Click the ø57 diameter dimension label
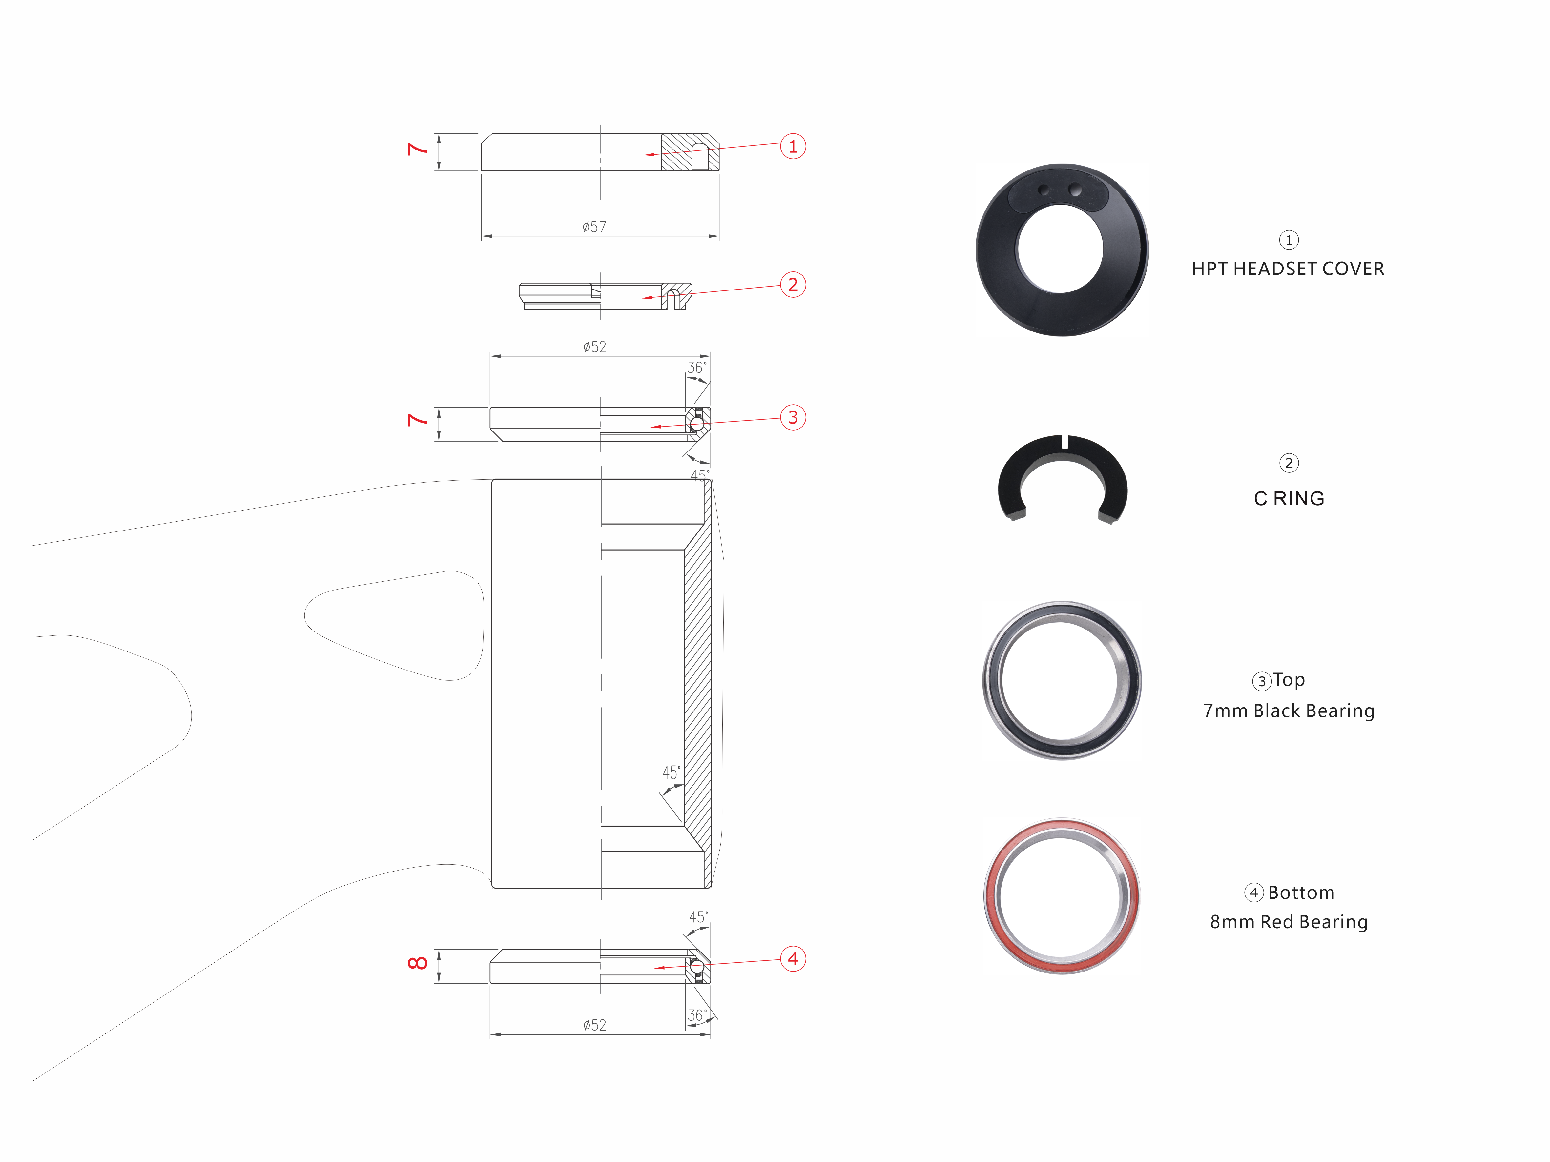tap(594, 226)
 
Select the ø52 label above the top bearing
tap(594, 347)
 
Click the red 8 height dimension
tap(418, 963)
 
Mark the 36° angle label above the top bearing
tap(696, 368)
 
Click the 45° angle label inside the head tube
tap(671, 772)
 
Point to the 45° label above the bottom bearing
tap(698, 917)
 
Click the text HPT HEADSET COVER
tap(1288, 269)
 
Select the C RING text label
tap(1289, 499)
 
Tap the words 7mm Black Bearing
tap(1289, 711)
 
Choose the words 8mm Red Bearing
tap(1289, 922)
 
